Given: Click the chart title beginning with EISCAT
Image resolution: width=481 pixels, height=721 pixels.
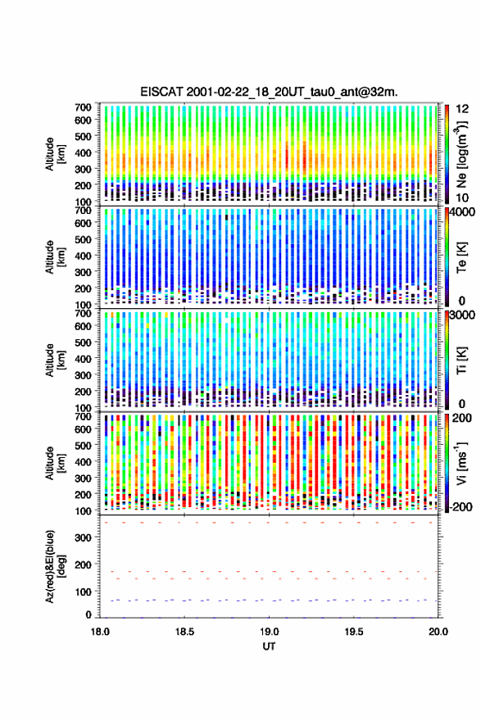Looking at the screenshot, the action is pos(269,92).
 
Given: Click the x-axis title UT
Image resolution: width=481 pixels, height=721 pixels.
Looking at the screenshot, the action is pos(269,646).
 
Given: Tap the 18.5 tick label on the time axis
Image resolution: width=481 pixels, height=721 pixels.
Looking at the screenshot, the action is pos(184,632).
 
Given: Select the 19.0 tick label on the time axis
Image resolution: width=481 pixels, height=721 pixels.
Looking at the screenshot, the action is pos(269,632).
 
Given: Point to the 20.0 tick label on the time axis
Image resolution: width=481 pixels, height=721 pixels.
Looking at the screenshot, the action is pos(438,632).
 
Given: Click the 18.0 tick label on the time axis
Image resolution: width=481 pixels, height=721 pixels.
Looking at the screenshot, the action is pos(100,632).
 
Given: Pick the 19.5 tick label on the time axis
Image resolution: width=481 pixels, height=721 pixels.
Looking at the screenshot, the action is pos(354,632).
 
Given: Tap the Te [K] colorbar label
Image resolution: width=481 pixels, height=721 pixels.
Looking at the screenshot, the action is pos(461,257).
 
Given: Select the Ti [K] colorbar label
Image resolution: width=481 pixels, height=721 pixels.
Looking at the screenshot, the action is pos(461,360).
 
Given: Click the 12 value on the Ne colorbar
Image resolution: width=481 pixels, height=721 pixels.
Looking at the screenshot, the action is pos(463,109).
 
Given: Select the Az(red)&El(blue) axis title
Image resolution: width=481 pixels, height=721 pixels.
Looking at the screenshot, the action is pos(55,566).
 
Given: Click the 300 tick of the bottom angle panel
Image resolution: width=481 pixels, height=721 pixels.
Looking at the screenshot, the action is pos(83,537).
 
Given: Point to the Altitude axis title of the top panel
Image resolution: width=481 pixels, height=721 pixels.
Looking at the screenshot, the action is pos(55,154).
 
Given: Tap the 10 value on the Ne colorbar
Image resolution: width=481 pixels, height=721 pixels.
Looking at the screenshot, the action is pos(463,197).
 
